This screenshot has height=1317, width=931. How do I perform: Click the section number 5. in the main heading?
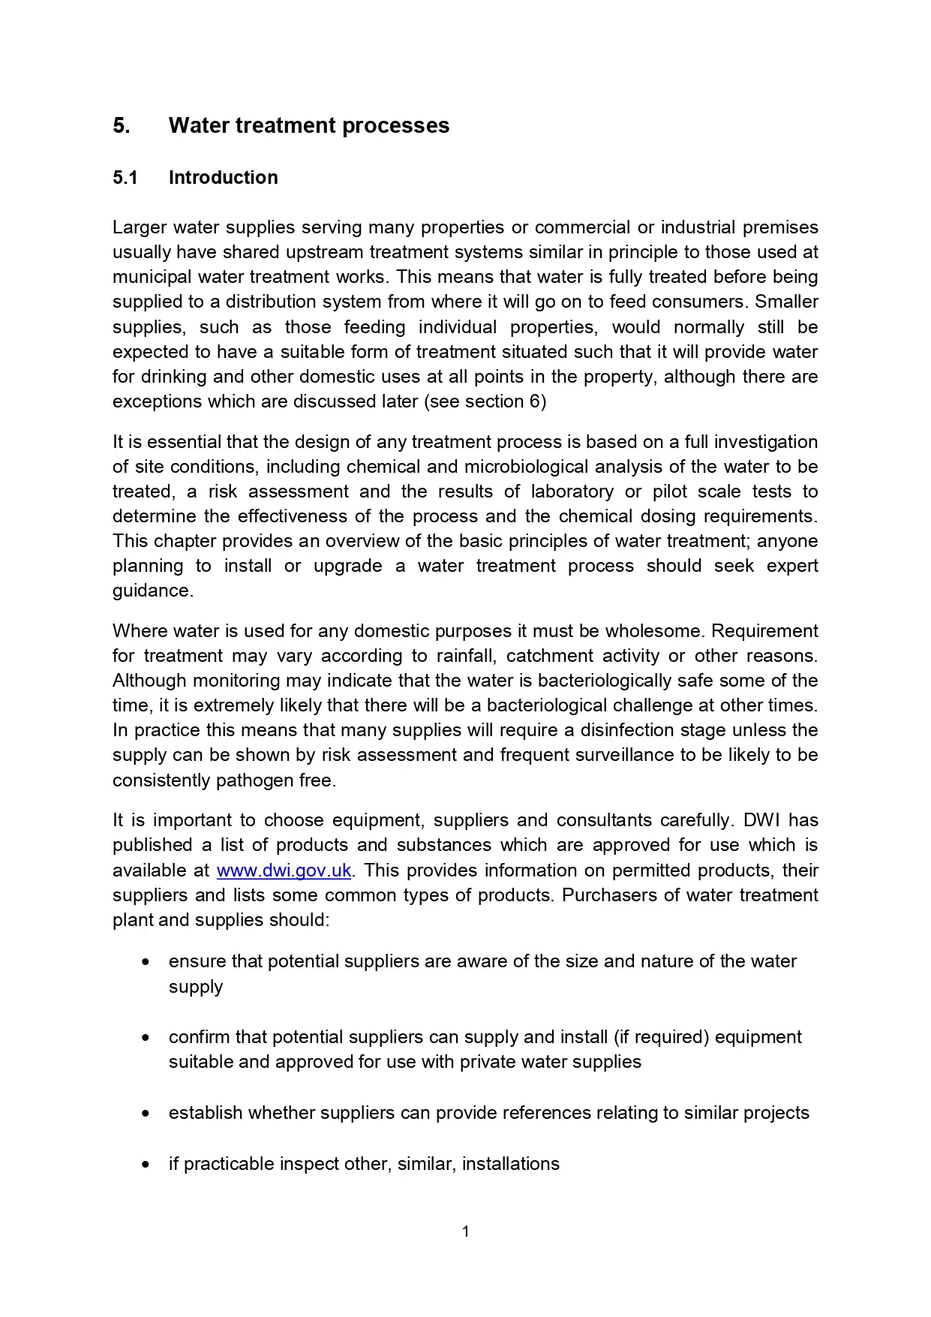(121, 125)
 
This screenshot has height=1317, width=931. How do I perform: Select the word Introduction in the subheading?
(223, 178)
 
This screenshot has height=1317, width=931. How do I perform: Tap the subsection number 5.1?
(125, 178)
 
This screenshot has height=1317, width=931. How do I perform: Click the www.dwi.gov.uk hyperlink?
(284, 870)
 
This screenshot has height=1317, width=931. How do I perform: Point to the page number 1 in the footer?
(466, 1231)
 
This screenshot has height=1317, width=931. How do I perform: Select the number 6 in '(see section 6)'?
(534, 401)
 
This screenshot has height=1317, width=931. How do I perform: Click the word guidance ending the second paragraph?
(152, 591)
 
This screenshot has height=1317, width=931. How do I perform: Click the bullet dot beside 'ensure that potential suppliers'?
(146, 961)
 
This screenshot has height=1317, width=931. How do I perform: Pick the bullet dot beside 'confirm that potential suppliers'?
(146, 1037)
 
